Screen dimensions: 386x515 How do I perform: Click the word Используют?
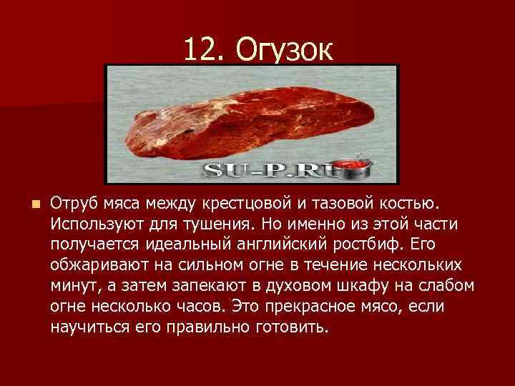[98, 224]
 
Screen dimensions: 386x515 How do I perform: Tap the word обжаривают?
[98, 265]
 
